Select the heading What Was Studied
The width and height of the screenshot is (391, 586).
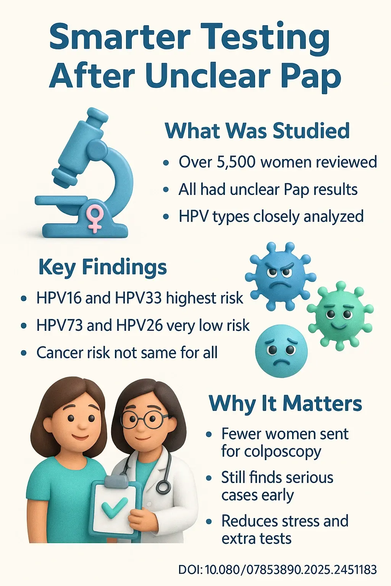click(x=257, y=131)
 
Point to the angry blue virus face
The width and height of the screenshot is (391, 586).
click(x=280, y=275)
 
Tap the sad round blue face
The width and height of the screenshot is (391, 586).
click(x=281, y=351)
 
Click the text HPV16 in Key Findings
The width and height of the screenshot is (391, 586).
click(x=59, y=298)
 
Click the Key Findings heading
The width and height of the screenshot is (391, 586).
click(x=102, y=267)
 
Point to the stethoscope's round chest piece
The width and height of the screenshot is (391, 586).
click(x=163, y=486)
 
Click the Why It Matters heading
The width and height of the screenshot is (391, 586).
click(x=285, y=404)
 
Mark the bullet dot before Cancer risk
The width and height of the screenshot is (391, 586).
click(x=24, y=353)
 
